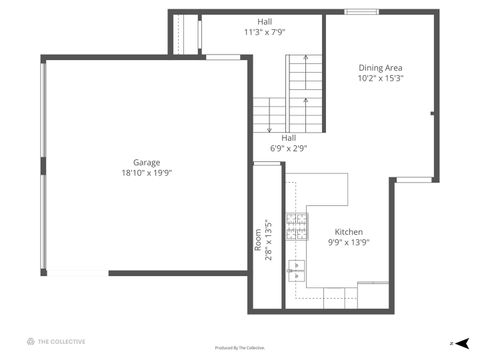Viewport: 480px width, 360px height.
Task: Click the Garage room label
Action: point(147,162)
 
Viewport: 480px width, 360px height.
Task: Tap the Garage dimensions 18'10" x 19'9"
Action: point(147,172)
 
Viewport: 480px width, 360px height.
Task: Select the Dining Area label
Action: point(380,68)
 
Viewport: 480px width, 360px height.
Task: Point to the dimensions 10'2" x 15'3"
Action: point(380,78)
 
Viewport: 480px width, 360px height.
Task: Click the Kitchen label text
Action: point(349,231)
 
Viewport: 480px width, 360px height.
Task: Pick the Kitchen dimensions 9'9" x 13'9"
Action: point(349,241)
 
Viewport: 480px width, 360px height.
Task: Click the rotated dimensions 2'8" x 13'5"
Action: point(268,240)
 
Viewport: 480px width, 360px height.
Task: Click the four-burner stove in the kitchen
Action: point(297,228)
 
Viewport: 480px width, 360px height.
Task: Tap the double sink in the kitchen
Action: point(296,269)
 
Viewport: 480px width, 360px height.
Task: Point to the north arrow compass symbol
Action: point(461,342)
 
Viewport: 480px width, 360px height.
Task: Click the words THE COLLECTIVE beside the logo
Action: point(61,341)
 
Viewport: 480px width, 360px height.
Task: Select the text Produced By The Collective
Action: point(240,348)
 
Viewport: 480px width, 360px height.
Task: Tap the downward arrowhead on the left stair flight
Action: point(270,129)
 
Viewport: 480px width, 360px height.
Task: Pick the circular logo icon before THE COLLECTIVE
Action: point(30,341)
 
